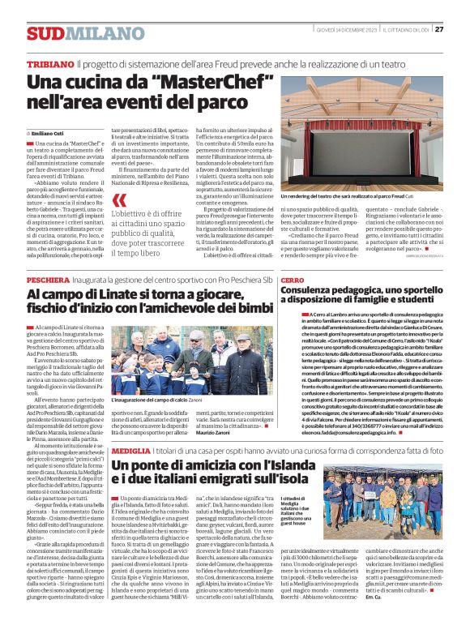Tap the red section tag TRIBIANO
(49, 64)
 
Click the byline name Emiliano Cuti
(49, 132)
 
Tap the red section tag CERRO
(293, 279)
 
